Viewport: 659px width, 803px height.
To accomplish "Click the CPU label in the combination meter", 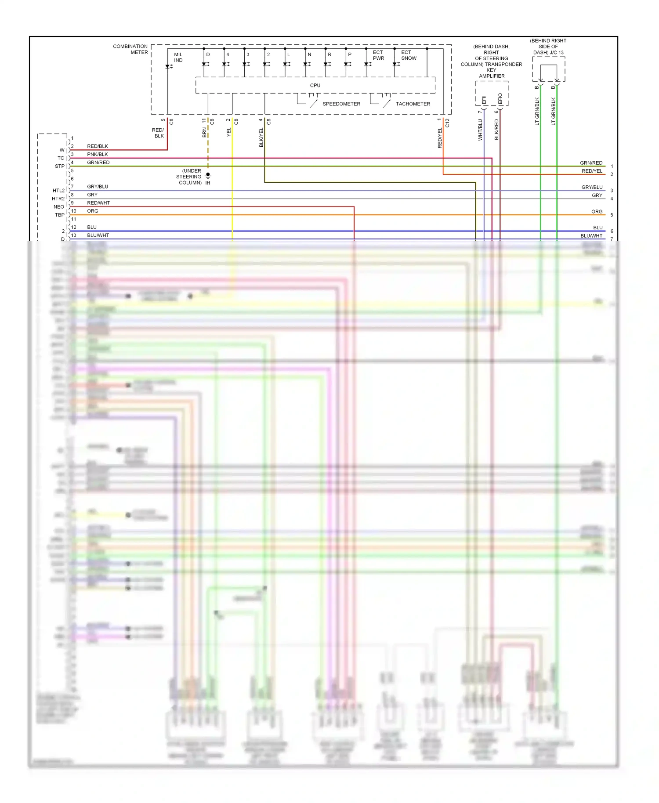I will [315, 85].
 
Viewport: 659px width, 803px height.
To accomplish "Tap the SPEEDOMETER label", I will [341, 104].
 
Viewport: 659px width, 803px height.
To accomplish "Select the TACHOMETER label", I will [413, 104].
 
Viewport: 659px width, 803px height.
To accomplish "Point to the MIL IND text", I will [178, 58].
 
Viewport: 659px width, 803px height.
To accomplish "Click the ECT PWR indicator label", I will [378, 55].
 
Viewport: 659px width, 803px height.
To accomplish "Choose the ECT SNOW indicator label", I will [408, 55].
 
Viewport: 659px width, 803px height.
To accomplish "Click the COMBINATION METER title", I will [130, 49].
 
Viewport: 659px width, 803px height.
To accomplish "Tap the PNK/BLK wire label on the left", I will [97, 154].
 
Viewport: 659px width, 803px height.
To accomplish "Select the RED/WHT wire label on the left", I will [98, 203].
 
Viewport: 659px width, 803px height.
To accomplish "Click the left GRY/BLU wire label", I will [98, 187].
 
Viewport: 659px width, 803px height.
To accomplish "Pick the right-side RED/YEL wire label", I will [592, 171].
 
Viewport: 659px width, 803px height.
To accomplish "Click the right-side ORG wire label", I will [597, 212].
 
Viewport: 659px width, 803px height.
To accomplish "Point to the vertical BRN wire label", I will [204, 132].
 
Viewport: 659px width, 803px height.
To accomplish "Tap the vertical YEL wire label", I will [228, 132].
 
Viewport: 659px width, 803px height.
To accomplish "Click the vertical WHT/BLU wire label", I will [480, 130].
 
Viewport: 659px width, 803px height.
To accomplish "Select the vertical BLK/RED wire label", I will [496, 130].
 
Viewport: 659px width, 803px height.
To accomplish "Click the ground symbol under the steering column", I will [208, 176].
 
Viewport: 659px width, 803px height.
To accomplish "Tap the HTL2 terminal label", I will [58, 191].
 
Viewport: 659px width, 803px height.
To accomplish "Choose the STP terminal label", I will [60, 166].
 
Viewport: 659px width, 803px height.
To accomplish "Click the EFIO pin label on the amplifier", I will [500, 99].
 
